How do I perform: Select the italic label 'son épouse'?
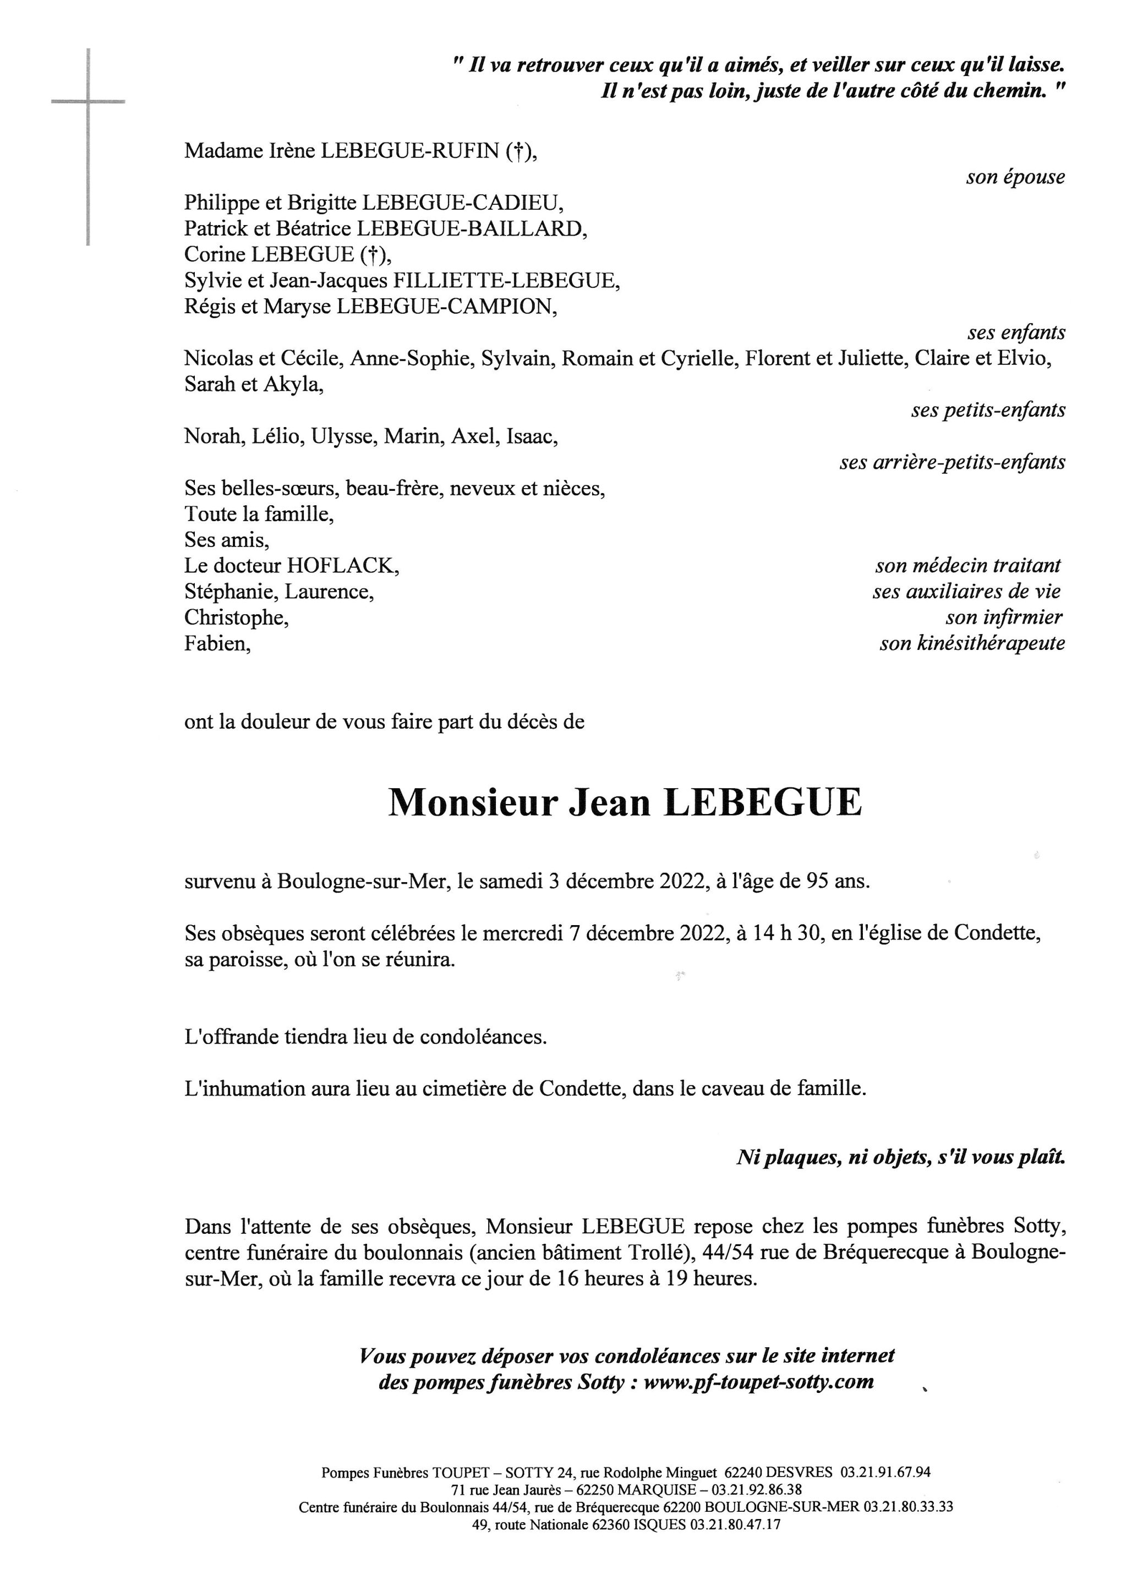click(x=1015, y=177)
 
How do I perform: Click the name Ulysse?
click(x=342, y=436)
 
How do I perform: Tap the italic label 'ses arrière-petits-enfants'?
click(x=952, y=462)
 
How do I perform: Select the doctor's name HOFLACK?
click(x=342, y=566)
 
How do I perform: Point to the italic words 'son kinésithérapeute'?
click(x=972, y=644)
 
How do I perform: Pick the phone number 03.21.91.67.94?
click(x=884, y=1472)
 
